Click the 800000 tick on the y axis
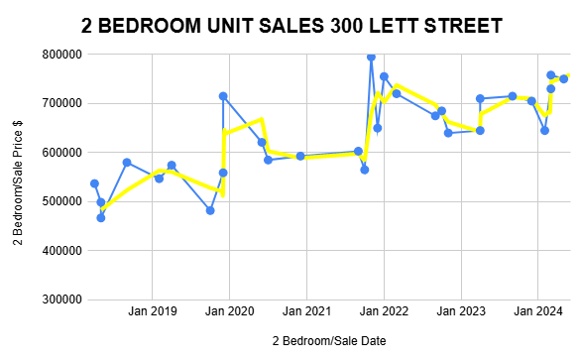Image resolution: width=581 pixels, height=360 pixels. (56, 55)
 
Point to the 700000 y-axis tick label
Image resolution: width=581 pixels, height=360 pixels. (56, 103)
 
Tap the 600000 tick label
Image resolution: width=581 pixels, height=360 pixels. (56, 153)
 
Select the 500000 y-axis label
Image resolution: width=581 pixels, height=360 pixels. (56, 201)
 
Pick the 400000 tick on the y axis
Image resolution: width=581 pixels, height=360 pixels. (56, 251)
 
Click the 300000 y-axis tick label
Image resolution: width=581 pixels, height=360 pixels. (56, 300)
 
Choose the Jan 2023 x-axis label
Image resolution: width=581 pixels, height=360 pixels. (461, 311)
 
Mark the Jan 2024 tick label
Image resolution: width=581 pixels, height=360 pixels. (538, 311)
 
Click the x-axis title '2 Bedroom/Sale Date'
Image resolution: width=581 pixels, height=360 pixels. (330, 340)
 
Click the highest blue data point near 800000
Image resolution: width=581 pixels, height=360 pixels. (371, 57)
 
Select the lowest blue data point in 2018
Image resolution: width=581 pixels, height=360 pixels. (100, 217)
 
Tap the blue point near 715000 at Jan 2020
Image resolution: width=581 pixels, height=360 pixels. (223, 96)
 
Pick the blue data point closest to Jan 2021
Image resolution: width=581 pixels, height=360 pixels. (300, 156)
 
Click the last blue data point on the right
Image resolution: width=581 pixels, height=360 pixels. (563, 78)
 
